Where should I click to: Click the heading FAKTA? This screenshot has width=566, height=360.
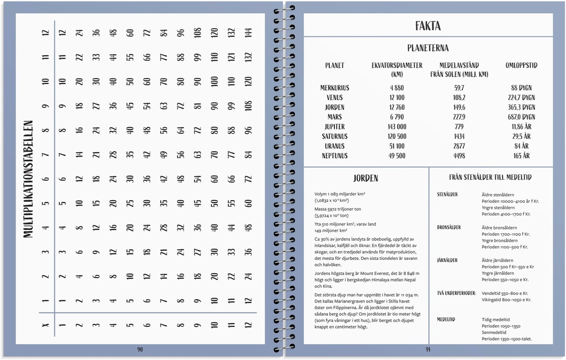click(428, 26)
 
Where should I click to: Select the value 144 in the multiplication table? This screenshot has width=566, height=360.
click(248, 33)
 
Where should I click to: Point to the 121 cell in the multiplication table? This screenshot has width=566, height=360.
click(232, 57)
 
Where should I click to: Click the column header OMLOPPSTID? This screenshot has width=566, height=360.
click(521, 65)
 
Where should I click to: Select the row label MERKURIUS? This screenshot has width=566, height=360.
click(334, 88)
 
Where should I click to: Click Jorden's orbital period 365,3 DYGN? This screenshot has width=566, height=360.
click(521, 107)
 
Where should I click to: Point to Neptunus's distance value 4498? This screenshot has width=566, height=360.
click(459, 156)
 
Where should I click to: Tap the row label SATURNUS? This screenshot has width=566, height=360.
click(334, 137)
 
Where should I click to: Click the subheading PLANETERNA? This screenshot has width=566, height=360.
click(428, 48)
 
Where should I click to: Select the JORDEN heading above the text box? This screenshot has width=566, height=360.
click(365, 178)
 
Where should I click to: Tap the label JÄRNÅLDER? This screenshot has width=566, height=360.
click(447, 260)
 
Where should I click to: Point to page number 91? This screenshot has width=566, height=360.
click(428, 349)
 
